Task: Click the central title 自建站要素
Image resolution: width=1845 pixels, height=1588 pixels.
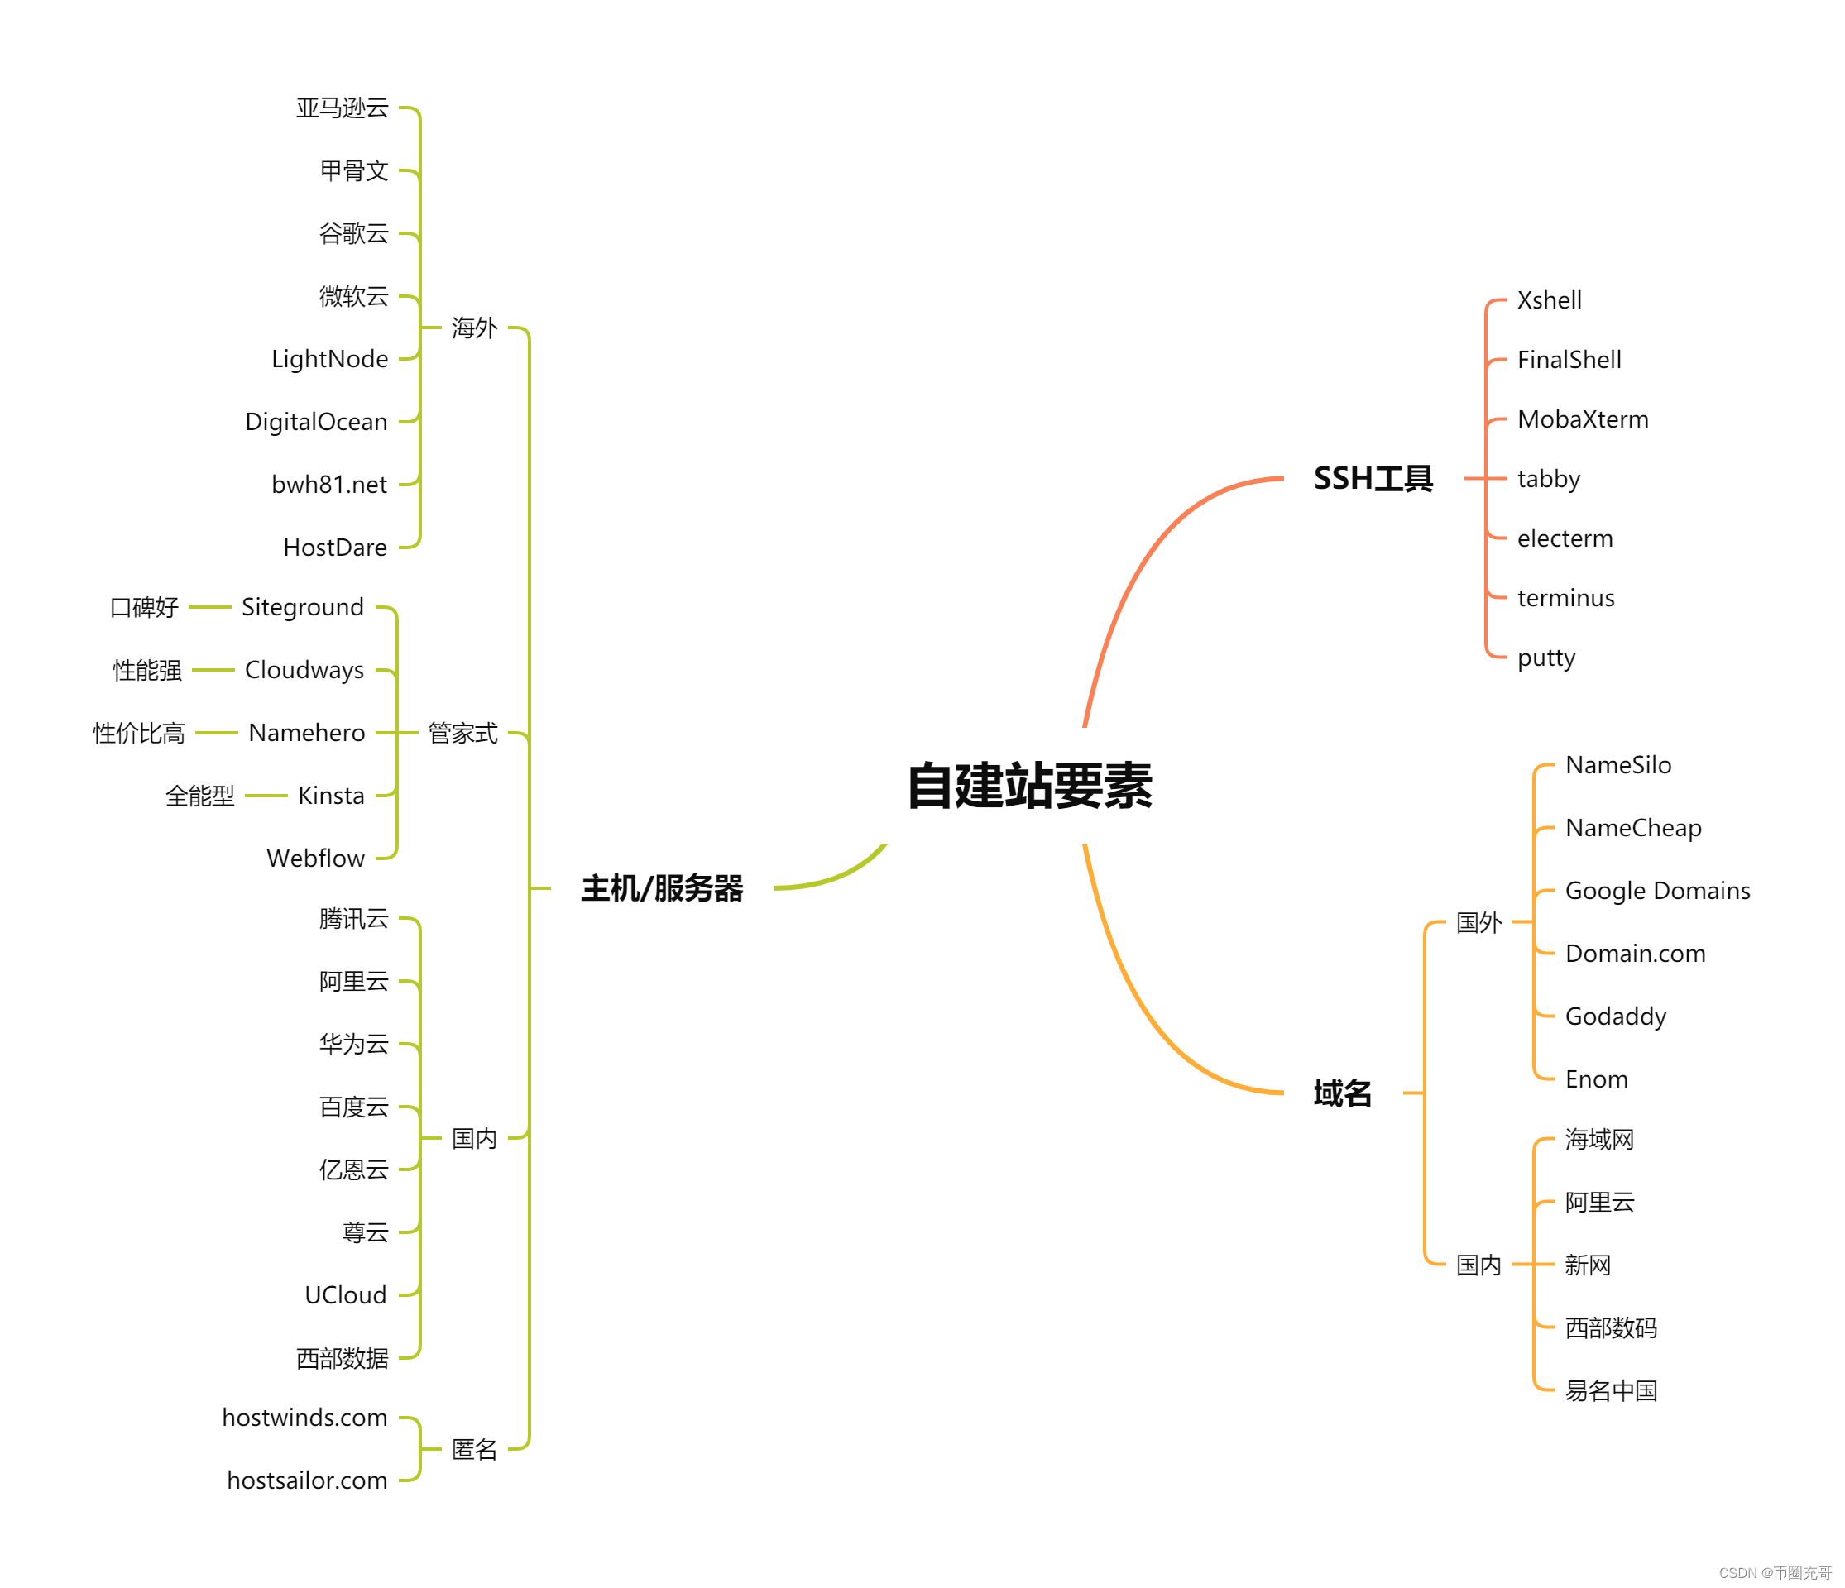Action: tap(1029, 785)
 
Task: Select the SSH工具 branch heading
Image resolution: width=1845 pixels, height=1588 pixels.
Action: tap(1373, 479)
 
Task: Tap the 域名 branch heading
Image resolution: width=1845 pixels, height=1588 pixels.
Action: tap(1342, 1093)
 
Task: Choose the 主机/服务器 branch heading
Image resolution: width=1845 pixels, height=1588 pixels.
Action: tap(662, 888)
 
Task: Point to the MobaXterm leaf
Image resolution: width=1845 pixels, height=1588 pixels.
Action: tap(1583, 419)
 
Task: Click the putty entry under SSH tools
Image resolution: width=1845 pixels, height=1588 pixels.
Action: tap(1545, 658)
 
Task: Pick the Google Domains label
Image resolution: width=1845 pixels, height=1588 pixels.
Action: tap(1657, 890)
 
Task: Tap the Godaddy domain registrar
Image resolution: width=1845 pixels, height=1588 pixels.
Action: tap(1615, 1016)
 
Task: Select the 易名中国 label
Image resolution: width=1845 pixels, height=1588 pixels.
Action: tap(1611, 1390)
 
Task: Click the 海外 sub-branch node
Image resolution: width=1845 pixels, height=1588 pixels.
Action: tap(474, 328)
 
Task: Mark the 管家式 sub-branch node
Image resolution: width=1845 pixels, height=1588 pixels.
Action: tap(462, 733)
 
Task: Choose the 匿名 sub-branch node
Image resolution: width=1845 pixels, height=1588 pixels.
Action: tap(474, 1449)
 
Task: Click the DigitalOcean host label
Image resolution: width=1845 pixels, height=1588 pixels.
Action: tap(316, 421)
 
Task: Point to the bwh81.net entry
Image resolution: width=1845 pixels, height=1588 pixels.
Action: tap(328, 484)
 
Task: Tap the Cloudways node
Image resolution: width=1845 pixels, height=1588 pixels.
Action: tap(304, 669)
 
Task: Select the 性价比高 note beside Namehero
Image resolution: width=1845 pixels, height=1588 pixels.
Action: tap(139, 733)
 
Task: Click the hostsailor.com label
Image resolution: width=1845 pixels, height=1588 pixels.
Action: tap(306, 1480)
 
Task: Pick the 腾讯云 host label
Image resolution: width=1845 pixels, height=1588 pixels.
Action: tap(353, 918)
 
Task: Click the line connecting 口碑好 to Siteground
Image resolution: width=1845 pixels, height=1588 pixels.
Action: tap(210, 607)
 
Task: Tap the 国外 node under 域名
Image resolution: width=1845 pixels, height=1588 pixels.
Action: tap(1478, 922)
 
